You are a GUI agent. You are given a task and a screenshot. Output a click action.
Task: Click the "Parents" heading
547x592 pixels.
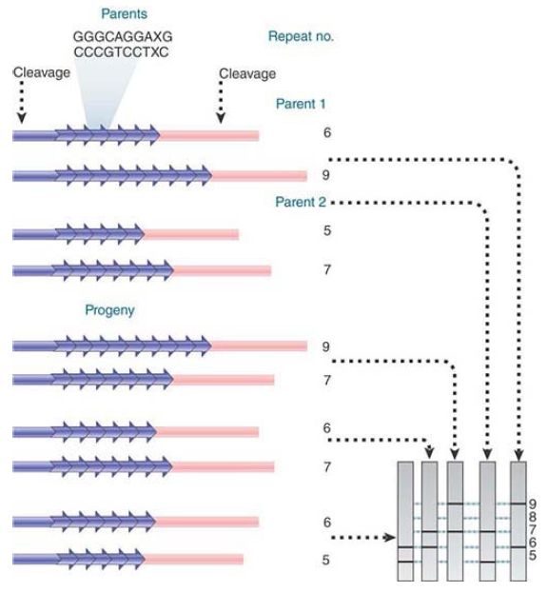[124, 14]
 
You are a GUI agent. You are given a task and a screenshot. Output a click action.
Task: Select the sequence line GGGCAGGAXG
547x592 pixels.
[123, 36]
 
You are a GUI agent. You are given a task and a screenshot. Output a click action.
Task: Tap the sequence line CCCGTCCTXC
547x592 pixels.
[121, 52]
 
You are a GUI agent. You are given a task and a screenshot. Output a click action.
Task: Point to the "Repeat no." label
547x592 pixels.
[301, 36]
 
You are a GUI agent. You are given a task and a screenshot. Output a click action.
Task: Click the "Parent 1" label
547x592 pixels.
[301, 104]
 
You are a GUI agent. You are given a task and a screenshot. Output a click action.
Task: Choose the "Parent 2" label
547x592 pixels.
[301, 202]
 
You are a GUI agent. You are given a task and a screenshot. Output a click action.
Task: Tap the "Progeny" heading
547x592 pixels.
[109, 310]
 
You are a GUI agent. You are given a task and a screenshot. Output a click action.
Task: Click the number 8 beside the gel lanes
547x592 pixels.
[532, 517]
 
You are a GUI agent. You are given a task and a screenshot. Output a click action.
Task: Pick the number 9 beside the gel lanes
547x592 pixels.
[532, 503]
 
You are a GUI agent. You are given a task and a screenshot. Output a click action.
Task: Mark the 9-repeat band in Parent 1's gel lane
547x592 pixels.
[518, 503]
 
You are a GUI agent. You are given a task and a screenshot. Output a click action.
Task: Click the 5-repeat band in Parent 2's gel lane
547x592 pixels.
[487, 562]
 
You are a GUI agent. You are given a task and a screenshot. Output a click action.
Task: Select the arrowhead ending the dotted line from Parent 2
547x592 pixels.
[487, 454]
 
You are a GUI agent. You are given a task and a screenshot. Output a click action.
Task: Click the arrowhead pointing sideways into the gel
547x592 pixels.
[389, 537]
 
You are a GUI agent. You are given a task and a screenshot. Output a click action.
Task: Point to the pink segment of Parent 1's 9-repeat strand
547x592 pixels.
[259, 175]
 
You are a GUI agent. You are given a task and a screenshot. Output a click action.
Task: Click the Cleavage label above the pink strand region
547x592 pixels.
[247, 73]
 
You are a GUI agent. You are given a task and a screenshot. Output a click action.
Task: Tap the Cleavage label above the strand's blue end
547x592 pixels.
[42, 72]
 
